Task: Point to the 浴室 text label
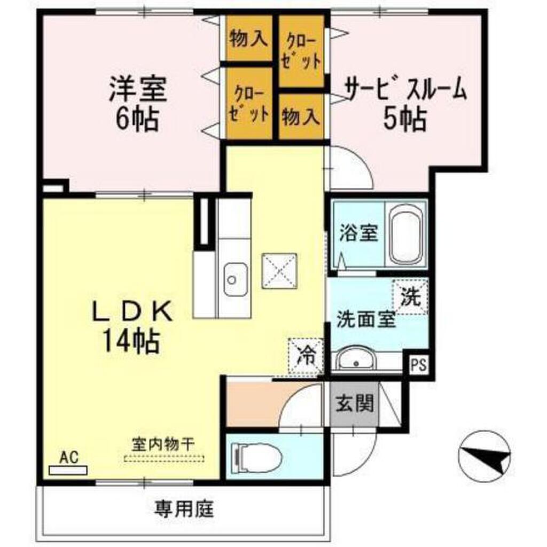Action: tap(359, 233)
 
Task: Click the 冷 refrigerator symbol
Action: tap(306, 356)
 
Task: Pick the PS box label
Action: tap(419, 366)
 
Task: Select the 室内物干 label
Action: tap(164, 443)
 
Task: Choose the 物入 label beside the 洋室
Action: tap(248, 38)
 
